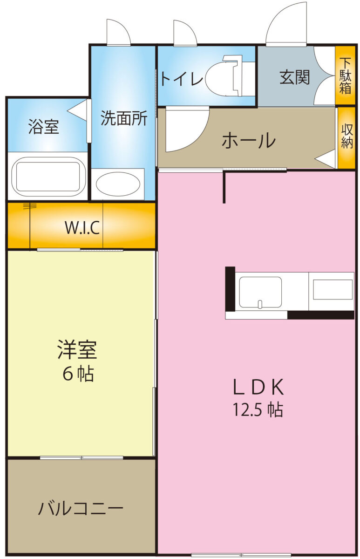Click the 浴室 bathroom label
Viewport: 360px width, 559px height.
(43, 127)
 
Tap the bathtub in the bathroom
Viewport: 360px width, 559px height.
(48, 177)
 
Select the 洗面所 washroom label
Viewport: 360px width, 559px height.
(124, 118)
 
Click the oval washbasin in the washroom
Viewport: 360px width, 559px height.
(118, 184)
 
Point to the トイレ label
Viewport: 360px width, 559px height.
(181, 79)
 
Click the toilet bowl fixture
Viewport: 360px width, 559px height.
(224, 76)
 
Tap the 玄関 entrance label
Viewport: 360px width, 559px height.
(294, 77)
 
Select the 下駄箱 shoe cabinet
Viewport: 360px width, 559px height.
(345, 75)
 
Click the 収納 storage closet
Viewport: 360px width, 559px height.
(346, 137)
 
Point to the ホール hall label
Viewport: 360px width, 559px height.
(249, 141)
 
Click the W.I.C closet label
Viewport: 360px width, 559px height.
(82, 228)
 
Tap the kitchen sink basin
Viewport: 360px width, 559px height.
(260, 292)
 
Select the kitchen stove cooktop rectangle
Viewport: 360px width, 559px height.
(333, 290)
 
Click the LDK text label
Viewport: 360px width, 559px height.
(258, 387)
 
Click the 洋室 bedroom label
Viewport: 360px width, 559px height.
(77, 349)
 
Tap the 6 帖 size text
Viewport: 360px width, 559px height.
(78, 374)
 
